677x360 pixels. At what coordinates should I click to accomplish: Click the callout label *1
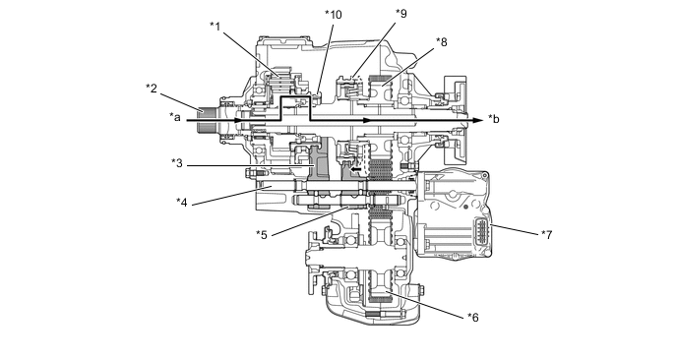tap(215, 27)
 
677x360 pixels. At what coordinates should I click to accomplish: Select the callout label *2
tap(152, 89)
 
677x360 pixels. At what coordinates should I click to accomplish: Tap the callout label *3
tap(177, 163)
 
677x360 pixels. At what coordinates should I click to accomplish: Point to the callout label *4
tap(182, 202)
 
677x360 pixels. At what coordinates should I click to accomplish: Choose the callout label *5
tap(262, 235)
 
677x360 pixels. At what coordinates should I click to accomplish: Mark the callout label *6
tap(473, 318)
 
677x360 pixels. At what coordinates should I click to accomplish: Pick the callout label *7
tap(546, 235)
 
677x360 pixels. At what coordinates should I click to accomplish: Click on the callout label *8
tap(441, 42)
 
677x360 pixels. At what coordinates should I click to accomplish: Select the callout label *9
tap(401, 14)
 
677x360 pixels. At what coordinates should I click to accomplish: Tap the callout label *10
tap(334, 15)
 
